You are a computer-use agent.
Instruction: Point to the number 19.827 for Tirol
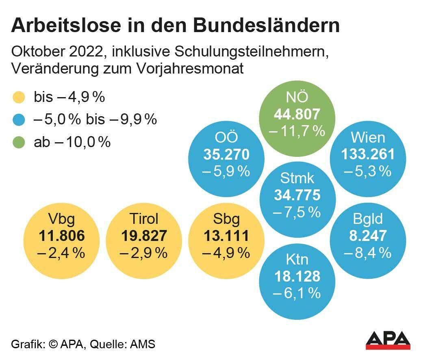click(143, 236)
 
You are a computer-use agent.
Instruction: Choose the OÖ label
click(226, 137)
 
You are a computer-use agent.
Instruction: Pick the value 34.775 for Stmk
click(297, 195)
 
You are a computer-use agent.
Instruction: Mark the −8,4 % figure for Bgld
click(368, 253)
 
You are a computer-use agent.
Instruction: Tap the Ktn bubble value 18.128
click(297, 276)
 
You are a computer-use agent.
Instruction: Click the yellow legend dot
click(19, 98)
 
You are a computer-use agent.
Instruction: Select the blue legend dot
click(19, 120)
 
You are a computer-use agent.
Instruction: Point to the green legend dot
click(19, 142)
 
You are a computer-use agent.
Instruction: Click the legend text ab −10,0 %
click(72, 142)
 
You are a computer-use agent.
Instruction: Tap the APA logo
click(388, 340)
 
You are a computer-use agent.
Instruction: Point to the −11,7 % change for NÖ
click(297, 131)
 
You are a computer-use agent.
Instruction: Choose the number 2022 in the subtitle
click(92, 52)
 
